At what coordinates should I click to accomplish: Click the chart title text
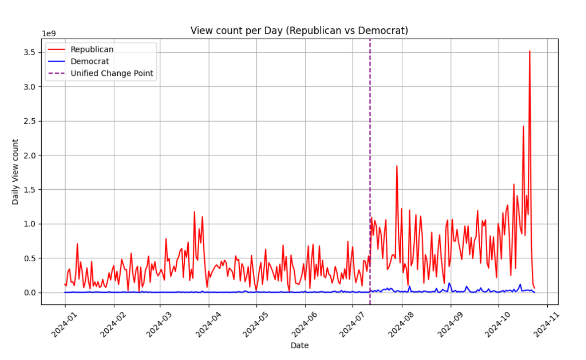click(299, 31)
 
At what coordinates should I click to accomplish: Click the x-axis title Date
click(299, 346)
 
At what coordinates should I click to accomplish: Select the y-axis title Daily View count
click(16, 171)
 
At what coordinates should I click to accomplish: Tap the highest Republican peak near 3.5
click(530, 51)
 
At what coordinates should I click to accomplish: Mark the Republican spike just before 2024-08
click(397, 166)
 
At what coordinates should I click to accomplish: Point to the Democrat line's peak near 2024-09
click(449, 283)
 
